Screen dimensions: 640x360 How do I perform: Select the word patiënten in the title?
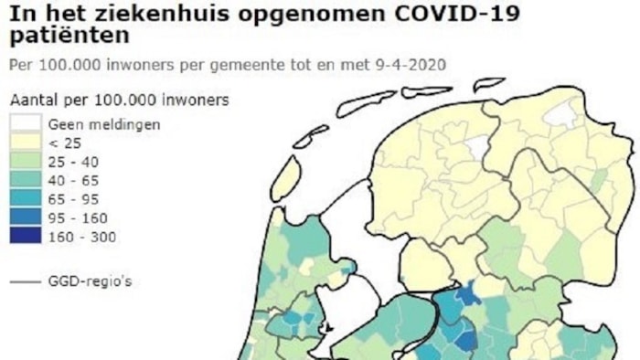pyautogui.click(x=68, y=37)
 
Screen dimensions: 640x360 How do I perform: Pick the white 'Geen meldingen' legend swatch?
pyautogui.click(x=25, y=123)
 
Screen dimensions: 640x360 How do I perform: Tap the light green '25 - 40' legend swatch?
pyautogui.click(x=25, y=161)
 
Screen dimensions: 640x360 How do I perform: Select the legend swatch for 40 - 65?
pyautogui.click(x=25, y=180)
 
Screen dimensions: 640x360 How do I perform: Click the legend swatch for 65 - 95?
pyautogui.click(x=25, y=199)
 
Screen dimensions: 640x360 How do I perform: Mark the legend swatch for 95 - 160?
pyautogui.click(x=25, y=217)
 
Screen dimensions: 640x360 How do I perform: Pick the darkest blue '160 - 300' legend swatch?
pyautogui.click(x=25, y=237)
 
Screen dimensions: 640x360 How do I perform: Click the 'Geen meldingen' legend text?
pyautogui.click(x=104, y=123)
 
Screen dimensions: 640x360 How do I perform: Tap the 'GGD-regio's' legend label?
pyautogui.click(x=90, y=281)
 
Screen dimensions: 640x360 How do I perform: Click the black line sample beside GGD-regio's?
pyautogui.click(x=24, y=281)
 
